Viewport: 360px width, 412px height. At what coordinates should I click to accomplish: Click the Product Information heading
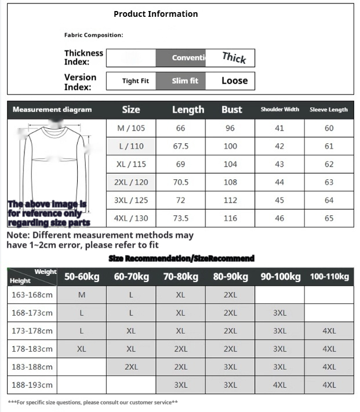click(155, 14)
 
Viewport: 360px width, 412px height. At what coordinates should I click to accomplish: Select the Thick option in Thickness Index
click(234, 57)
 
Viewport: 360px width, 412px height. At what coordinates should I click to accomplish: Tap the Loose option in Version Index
click(234, 81)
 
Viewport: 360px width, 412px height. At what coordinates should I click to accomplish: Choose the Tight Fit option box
click(135, 81)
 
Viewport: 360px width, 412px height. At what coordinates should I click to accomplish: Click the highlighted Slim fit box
click(185, 81)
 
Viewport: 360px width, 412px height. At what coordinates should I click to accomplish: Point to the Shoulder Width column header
click(279, 110)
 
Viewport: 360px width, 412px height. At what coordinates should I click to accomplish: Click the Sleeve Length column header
click(329, 110)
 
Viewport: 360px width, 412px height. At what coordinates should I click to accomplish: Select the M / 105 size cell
click(132, 128)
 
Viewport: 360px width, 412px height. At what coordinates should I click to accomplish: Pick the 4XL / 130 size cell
click(132, 218)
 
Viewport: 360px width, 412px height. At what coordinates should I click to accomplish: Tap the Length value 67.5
click(181, 146)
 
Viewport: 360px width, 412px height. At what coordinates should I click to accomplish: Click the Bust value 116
click(230, 218)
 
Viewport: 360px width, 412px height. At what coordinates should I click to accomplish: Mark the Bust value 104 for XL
click(230, 164)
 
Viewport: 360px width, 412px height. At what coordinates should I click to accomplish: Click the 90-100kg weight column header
click(280, 277)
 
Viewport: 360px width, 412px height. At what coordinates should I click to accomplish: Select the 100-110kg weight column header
click(329, 277)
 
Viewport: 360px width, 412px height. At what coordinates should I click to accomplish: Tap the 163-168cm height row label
click(32, 295)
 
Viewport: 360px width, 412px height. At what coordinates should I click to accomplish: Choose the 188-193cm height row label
click(32, 385)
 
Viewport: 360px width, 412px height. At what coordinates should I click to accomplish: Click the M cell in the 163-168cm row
click(82, 295)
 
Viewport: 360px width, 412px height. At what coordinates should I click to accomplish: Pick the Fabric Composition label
click(93, 35)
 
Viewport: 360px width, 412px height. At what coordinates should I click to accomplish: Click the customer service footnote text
click(93, 402)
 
